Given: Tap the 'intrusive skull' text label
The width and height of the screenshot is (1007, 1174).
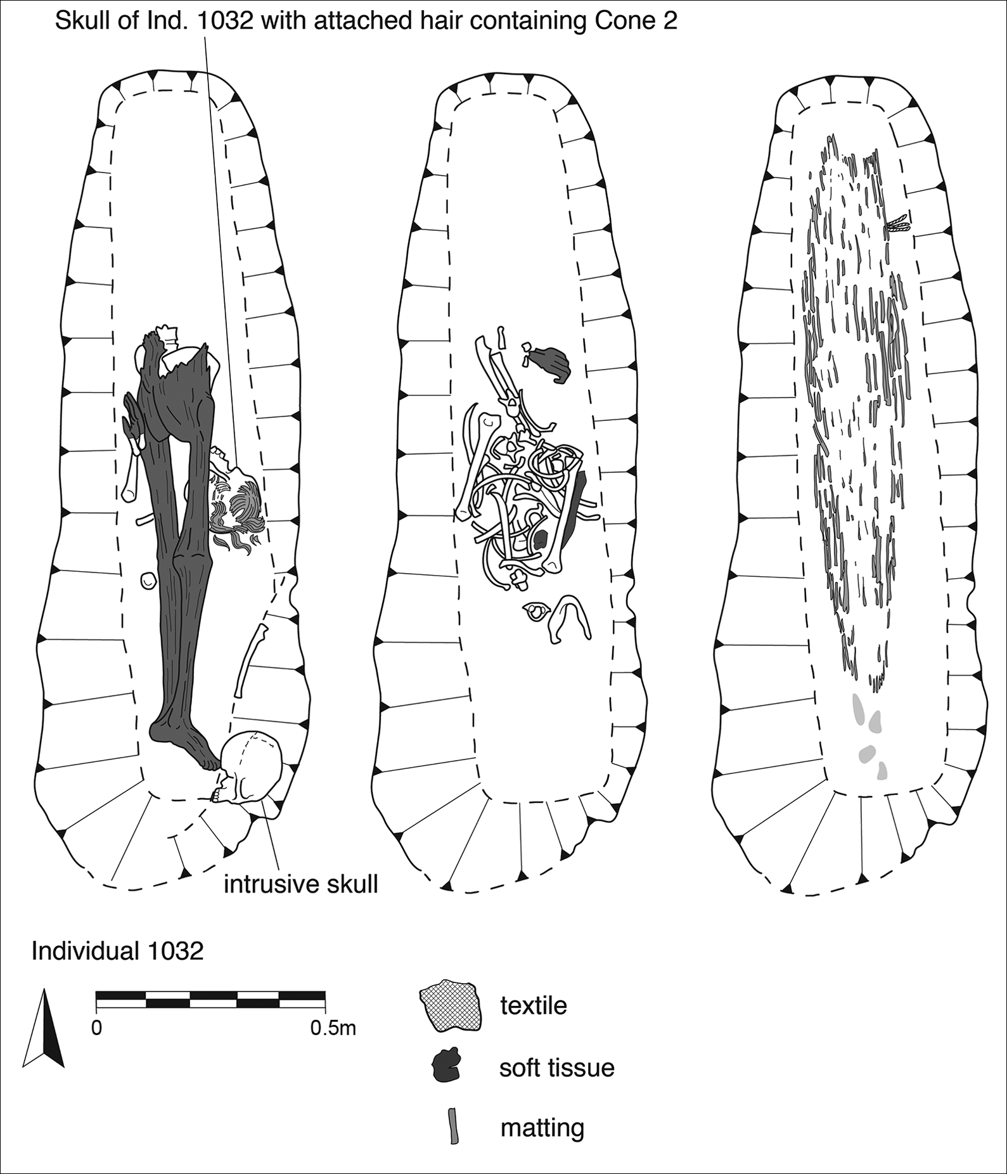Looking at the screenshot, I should pos(300,884).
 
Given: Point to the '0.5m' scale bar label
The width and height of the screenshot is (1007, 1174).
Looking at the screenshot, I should pos(333,1028).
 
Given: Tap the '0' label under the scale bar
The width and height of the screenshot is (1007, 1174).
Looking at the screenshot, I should pos(96,1028).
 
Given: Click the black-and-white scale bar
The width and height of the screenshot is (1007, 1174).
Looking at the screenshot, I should pos(210,999).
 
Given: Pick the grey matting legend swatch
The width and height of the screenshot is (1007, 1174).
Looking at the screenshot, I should pos(453,1125).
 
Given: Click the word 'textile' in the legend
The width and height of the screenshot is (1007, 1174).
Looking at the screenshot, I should pos(533,1005).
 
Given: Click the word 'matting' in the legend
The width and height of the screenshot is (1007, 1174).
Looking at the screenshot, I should pos(542,1128).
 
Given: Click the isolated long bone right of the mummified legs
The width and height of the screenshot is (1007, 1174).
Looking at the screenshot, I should pos(250,659).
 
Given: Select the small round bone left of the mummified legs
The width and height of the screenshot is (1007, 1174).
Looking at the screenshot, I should pos(148,580).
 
